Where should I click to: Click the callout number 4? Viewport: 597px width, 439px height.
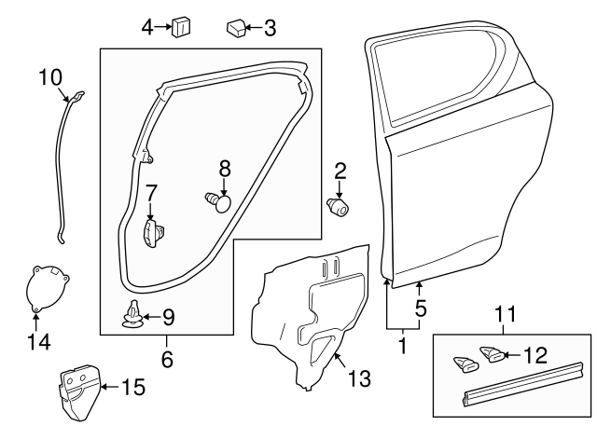(147, 27)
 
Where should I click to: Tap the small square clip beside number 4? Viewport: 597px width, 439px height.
(181, 27)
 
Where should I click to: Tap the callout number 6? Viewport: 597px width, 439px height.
(168, 356)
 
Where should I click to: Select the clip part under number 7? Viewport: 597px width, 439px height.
(153, 232)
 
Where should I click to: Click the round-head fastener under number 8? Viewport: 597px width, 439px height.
(219, 199)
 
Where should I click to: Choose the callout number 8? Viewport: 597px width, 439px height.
(224, 169)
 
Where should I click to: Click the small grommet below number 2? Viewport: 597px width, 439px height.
(340, 205)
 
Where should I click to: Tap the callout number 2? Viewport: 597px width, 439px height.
(340, 170)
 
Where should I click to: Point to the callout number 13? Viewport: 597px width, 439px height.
(358, 378)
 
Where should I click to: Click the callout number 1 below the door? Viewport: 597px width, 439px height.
(403, 346)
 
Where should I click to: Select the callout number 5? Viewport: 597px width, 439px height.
(421, 306)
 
